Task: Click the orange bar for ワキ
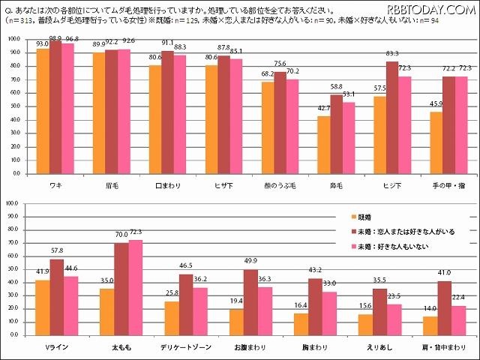(43, 111)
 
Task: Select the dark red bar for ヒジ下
(391, 118)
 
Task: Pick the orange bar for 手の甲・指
(435, 142)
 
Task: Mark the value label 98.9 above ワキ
(55, 38)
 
